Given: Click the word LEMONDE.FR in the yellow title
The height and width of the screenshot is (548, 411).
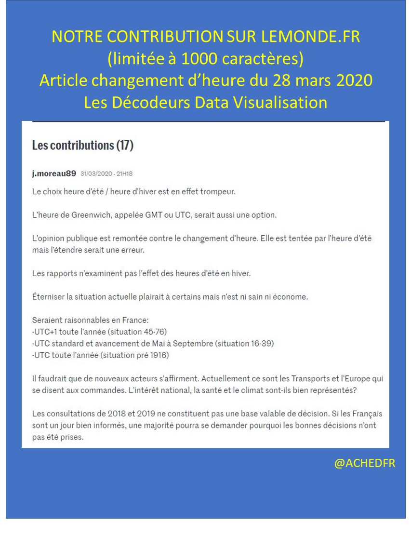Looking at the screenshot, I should pos(310,37).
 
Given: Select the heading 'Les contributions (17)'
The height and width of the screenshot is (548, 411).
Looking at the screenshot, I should pos(82,145).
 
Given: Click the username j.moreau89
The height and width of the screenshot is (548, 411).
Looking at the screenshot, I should pos(54,174).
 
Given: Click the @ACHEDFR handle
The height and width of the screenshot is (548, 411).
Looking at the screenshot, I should pos(365,463).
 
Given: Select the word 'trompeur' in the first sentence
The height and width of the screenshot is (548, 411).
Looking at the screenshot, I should pos(220,192).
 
